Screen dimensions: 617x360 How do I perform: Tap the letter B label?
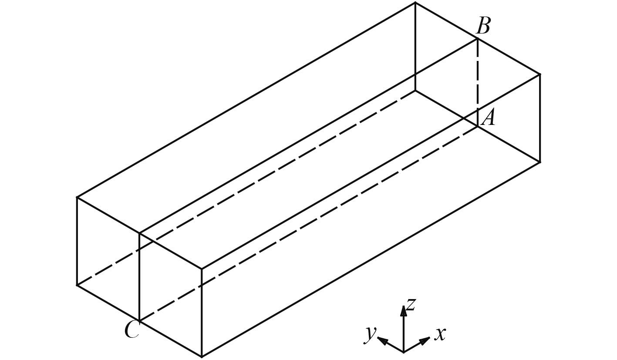[483, 26]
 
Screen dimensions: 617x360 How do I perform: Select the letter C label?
[131, 330]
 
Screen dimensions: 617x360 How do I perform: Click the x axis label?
[440, 334]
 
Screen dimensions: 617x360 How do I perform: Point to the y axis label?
[370, 333]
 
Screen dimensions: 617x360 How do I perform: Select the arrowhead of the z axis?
[404, 309]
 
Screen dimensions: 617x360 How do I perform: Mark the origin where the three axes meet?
[404, 352]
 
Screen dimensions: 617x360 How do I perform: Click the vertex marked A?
[478, 127]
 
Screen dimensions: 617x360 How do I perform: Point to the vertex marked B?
[478, 39]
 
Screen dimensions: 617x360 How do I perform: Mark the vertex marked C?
[139, 321]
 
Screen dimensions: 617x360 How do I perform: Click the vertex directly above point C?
[139, 233]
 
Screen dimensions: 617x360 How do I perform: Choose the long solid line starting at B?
[308, 136]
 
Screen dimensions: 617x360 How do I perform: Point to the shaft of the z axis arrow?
[404, 331]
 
